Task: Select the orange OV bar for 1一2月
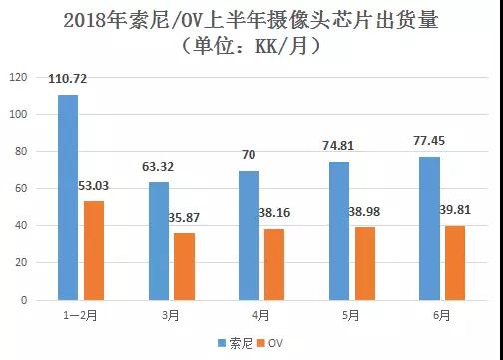pos(94,250)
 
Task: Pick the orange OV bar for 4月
pos(272,264)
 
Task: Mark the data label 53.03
pos(96,186)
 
